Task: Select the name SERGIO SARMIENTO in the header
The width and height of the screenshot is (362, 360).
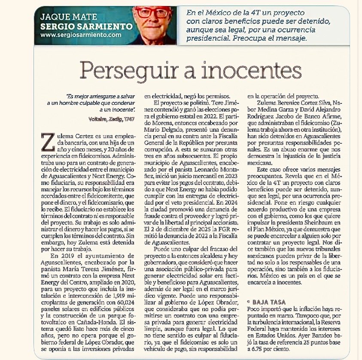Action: pyautogui.click(x=86, y=26)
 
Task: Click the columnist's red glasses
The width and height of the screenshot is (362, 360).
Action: pyautogui.click(x=152, y=12)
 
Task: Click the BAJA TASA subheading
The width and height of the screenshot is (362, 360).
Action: pyautogui.click(x=271, y=302)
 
